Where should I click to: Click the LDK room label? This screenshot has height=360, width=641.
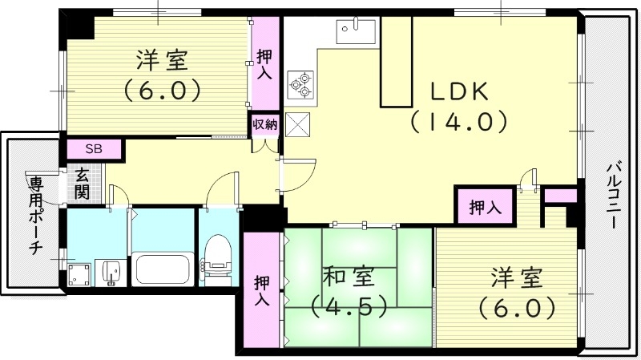460,91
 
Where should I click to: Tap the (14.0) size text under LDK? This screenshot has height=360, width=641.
459,122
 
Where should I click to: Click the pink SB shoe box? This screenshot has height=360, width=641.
94,149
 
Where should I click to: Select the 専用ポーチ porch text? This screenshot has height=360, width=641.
36,213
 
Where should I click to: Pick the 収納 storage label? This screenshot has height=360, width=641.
265,124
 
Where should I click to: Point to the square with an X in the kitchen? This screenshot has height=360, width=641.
298,125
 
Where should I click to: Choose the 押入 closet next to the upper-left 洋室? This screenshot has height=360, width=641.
265,63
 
